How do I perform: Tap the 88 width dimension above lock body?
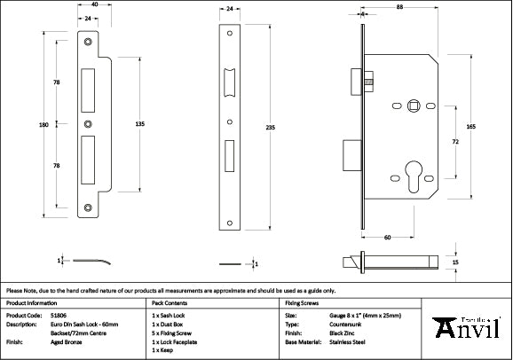(x=400, y=8)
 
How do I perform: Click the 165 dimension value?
(x=470, y=128)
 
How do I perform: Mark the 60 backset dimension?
(x=388, y=238)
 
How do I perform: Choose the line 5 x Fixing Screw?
(x=171, y=332)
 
